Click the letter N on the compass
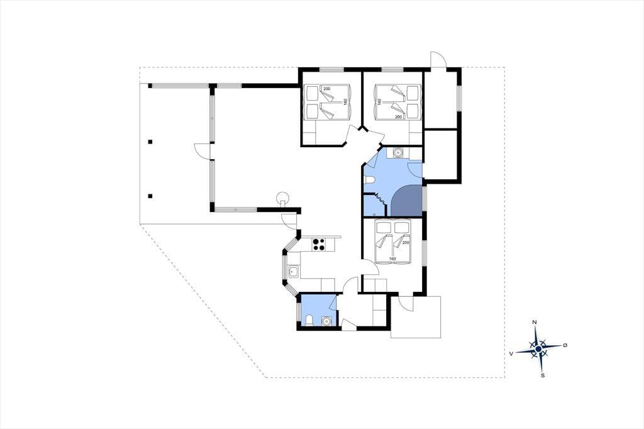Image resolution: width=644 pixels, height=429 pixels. tap(535, 322)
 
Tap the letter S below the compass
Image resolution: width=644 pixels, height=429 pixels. tap(543, 375)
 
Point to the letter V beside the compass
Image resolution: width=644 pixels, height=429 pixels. tap(511, 354)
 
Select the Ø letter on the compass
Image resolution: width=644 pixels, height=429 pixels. tap(565, 345)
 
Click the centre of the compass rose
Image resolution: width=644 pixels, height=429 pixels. tap(538, 349)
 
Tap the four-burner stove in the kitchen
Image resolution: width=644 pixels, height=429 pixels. tap(319, 245)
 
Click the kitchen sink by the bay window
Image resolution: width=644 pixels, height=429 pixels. tap(293, 272)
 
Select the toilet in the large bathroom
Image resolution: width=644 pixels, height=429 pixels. tap(369, 180)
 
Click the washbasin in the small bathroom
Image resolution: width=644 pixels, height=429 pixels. tap(326, 321)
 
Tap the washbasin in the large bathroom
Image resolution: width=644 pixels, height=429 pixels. tap(397, 152)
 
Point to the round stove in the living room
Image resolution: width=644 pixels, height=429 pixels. tap(282, 199)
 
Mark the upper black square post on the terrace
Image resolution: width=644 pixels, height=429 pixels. tap(150, 142)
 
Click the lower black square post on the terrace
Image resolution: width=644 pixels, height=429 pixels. tap(150, 196)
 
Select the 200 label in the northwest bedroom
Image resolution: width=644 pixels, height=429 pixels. tap(326, 89)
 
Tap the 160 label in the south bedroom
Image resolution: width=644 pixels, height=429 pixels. tap(392, 259)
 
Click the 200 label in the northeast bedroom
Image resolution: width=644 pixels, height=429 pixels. tap(398, 117)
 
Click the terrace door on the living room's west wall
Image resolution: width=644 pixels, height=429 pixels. tap(203, 151)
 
